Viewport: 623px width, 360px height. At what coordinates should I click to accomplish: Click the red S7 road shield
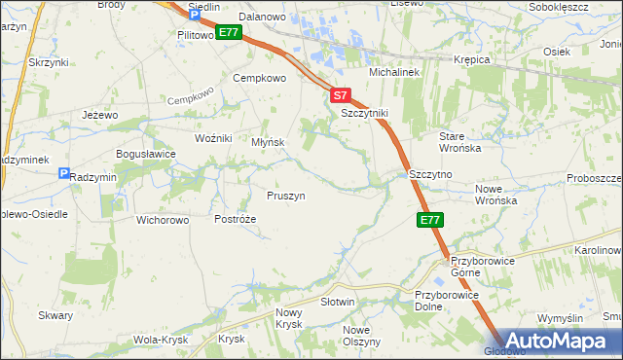click(x=340, y=95)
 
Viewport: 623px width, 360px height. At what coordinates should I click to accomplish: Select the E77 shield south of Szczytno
click(x=431, y=221)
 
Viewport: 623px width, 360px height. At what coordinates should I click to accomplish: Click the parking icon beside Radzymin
click(x=64, y=174)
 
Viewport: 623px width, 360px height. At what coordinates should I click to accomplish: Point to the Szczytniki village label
click(x=364, y=114)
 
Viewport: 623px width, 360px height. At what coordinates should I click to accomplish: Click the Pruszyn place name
click(x=286, y=196)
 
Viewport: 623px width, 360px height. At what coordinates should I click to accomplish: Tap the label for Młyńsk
click(x=268, y=142)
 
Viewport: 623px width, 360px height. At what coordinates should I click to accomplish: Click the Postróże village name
click(x=235, y=220)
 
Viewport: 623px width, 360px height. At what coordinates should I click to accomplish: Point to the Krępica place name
click(x=472, y=59)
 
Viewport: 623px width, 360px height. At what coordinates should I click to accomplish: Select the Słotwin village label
click(x=338, y=303)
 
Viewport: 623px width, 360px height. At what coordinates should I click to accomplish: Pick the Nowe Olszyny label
click(x=362, y=336)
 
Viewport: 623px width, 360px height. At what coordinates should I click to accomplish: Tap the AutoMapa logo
click(x=555, y=342)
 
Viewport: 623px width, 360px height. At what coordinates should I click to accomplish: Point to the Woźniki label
click(x=213, y=138)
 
